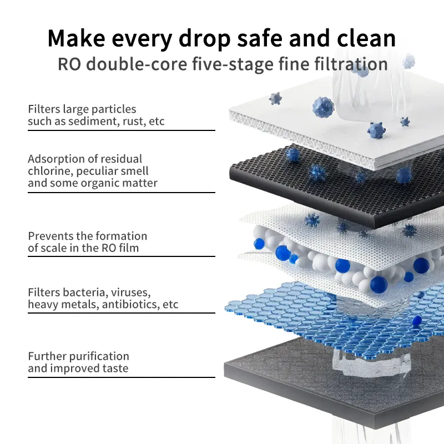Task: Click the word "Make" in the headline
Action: tap(77, 38)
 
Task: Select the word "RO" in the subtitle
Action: tap(69, 64)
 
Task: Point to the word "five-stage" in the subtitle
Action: tap(233, 64)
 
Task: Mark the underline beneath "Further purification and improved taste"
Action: tap(122, 377)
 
